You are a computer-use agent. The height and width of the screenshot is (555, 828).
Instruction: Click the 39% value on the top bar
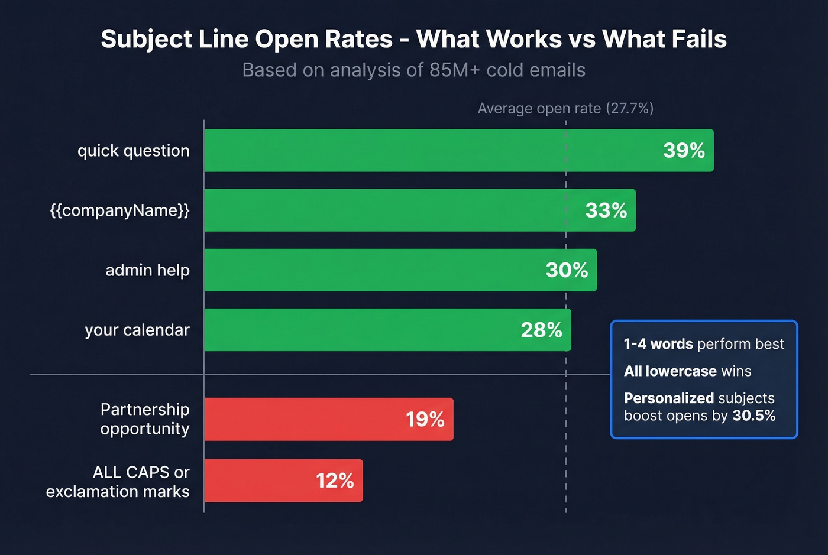[x=684, y=151]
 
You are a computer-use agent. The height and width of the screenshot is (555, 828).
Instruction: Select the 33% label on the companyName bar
[x=606, y=210]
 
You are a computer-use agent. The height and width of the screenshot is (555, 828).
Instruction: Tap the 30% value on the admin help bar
[x=567, y=270]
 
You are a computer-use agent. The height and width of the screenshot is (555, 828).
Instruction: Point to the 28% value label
[x=541, y=330]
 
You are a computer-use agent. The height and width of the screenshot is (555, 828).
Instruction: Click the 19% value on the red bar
[x=425, y=420]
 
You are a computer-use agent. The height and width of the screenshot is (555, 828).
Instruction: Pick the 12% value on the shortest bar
[x=335, y=481]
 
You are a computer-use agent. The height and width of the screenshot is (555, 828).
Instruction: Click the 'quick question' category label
[x=133, y=151]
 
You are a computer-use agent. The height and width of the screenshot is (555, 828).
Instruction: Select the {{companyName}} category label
[x=119, y=210]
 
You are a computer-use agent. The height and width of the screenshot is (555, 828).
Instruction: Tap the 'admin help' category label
[x=147, y=270]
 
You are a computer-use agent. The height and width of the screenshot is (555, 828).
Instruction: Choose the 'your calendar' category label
[x=137, y=330]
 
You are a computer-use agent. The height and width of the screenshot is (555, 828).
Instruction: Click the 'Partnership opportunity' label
[x=144, y=419]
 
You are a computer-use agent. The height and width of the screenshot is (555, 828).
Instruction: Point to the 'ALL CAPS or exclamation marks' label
[x=118, y=482]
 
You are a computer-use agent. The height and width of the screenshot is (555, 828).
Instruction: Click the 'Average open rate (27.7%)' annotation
[x=565, y=109]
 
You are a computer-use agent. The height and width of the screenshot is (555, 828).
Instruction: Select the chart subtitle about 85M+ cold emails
[x=413, y=70]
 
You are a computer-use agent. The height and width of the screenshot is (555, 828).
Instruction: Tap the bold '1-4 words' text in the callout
[x=658, y=344]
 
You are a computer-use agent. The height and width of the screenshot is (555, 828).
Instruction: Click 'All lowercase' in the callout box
[x=670, y=371]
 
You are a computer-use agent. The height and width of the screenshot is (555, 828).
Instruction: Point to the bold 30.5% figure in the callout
[x=753, y=416]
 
